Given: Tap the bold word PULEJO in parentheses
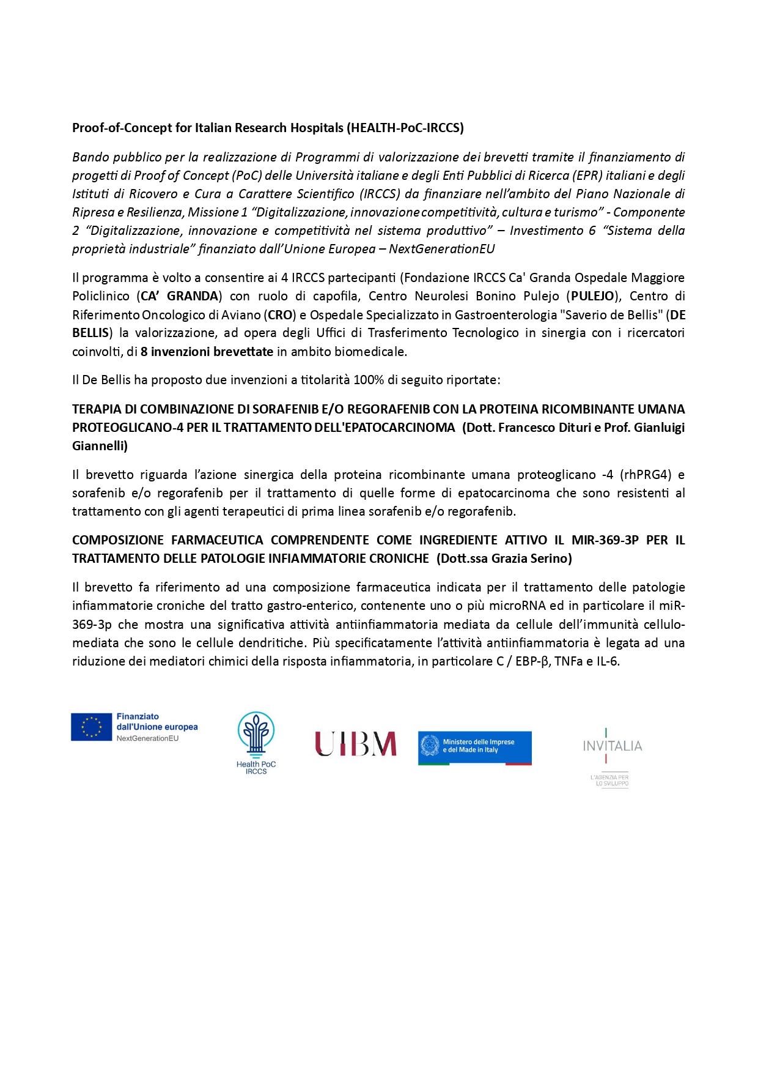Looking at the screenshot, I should (x=592, y=296).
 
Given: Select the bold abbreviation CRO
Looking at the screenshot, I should (x=280, y=315).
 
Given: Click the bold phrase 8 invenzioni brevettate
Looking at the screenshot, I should (x=207, y=352).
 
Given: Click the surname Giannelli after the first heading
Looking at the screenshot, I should (x=100, y=446).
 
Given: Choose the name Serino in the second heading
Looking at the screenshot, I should (x=550, y=559).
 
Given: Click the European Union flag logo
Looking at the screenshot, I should (x=91, y=727).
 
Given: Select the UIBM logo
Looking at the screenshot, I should (x=355, y=744).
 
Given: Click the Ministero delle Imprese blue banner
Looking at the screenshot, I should (x=474, y=748).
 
